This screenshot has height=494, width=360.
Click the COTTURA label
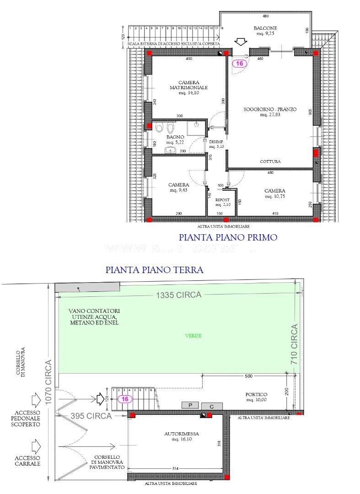click(270, 161)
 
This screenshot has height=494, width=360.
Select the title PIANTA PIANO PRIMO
click(228, 237)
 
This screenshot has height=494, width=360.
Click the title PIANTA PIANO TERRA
click(154, 270)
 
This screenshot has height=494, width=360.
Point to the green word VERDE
click(193, 336)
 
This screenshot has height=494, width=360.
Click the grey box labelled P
click(189, 405)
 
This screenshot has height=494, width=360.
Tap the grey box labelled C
click(212, 406)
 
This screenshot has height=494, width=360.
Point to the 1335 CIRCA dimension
click(178, 295)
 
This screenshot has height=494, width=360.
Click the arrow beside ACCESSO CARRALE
click(36, 444)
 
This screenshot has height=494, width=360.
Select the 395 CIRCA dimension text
click(91, 416)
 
